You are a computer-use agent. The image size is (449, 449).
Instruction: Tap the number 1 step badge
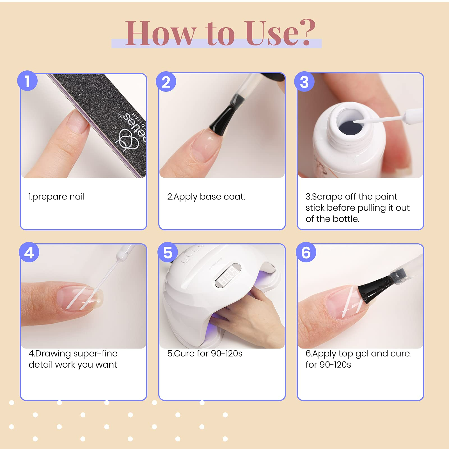(27, 81)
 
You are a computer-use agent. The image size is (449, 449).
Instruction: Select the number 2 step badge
(166, 82)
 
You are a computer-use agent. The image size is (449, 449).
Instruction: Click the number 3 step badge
(304, 82)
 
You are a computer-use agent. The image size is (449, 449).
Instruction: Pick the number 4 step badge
(29, 252)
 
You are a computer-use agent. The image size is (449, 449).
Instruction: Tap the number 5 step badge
(168, 252)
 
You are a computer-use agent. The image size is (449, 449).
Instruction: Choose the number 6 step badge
(306, 252)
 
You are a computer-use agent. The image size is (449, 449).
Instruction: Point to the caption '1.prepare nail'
(56, 197)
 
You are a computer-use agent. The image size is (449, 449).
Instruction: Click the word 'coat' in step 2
(234, 197)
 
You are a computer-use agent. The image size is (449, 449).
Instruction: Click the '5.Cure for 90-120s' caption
(205, 353)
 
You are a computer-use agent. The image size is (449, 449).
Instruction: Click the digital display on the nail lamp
(228, 275)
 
